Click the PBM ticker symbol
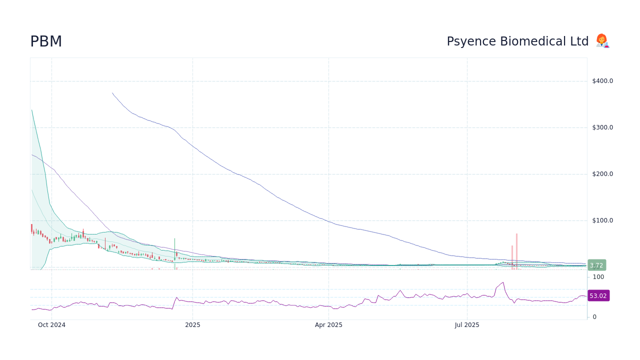(46, 41)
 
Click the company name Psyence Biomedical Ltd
(517, 41)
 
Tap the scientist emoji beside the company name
(602, 41)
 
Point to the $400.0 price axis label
(602, 81)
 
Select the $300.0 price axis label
(602, 127)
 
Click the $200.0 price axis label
(602, 174)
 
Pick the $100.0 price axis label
(602, 220)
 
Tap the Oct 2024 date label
(51, 325)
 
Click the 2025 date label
(192, 325)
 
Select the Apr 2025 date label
(328, 325)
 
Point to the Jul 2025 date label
(467, 325)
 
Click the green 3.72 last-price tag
(596, 265)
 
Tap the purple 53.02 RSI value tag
(598, 296)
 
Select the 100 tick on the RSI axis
(598, 277)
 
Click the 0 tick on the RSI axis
(594, 317)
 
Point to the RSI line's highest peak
(503, 282)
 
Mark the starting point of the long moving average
(112, 93)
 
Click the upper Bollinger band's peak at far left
(31, 110)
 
